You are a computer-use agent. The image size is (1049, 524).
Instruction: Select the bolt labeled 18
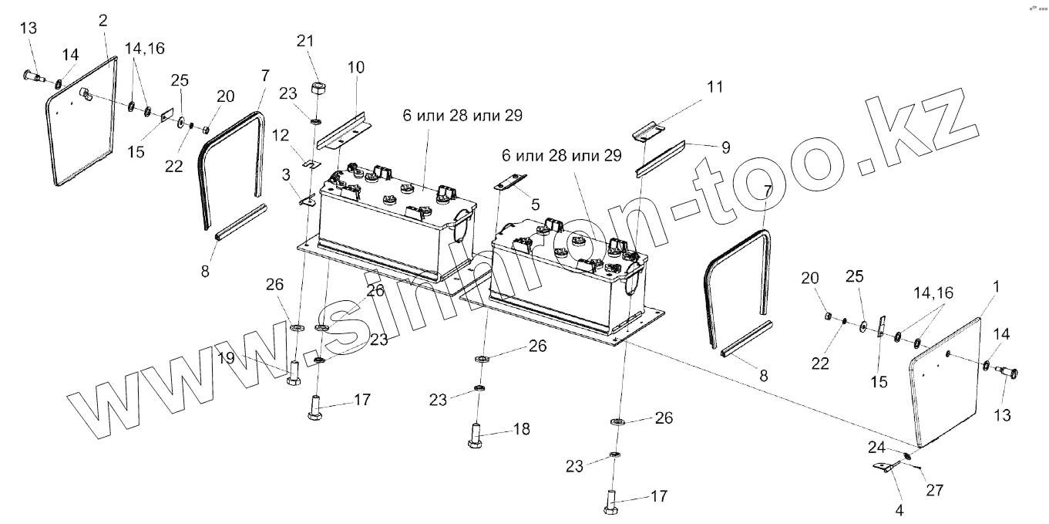474,434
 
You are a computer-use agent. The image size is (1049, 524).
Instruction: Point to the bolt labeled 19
294,374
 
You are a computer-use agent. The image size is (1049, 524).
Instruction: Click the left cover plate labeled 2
83,123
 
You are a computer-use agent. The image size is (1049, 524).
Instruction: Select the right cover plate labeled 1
947,378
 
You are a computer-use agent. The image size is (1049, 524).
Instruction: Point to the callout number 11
716,87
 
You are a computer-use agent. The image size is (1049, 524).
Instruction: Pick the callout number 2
103,19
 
